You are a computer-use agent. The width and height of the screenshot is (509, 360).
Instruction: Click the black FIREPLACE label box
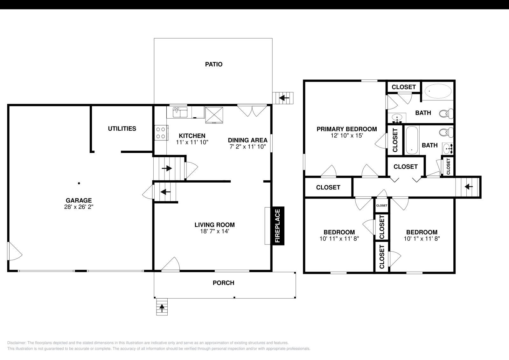coord(277,226)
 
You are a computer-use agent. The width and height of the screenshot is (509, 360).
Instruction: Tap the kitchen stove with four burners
coord(161,133)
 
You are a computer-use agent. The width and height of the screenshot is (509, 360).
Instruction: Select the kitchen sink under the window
coord(180,112)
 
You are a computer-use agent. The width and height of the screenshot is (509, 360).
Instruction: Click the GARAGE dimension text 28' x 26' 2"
coord(79,207)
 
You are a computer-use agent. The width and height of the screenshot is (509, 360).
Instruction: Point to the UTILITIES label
coord(122,128)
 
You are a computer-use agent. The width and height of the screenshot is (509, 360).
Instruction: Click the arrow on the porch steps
coord(162,307)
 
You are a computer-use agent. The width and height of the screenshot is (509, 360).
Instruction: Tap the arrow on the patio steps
coord(284,98)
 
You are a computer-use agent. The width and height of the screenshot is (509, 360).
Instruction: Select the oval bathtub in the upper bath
coord(438,91)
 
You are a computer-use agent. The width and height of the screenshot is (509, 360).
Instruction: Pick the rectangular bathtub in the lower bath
coord(412,140)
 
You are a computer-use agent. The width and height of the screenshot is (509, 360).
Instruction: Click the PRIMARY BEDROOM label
coord(346,129)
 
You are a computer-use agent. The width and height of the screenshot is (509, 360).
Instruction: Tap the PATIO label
coord(213,64)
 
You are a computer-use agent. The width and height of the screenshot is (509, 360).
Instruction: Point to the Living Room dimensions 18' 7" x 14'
coord(214,232)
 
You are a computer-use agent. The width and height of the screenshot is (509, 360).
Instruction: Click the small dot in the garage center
coord(79,183)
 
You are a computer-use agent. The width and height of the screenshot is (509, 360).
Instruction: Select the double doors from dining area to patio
coord(252,110)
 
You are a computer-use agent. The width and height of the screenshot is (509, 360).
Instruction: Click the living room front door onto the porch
coord(171,265)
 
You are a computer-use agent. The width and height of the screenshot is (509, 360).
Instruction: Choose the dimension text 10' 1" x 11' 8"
coord(422,239)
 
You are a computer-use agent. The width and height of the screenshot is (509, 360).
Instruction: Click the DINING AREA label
coord(248,140)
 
